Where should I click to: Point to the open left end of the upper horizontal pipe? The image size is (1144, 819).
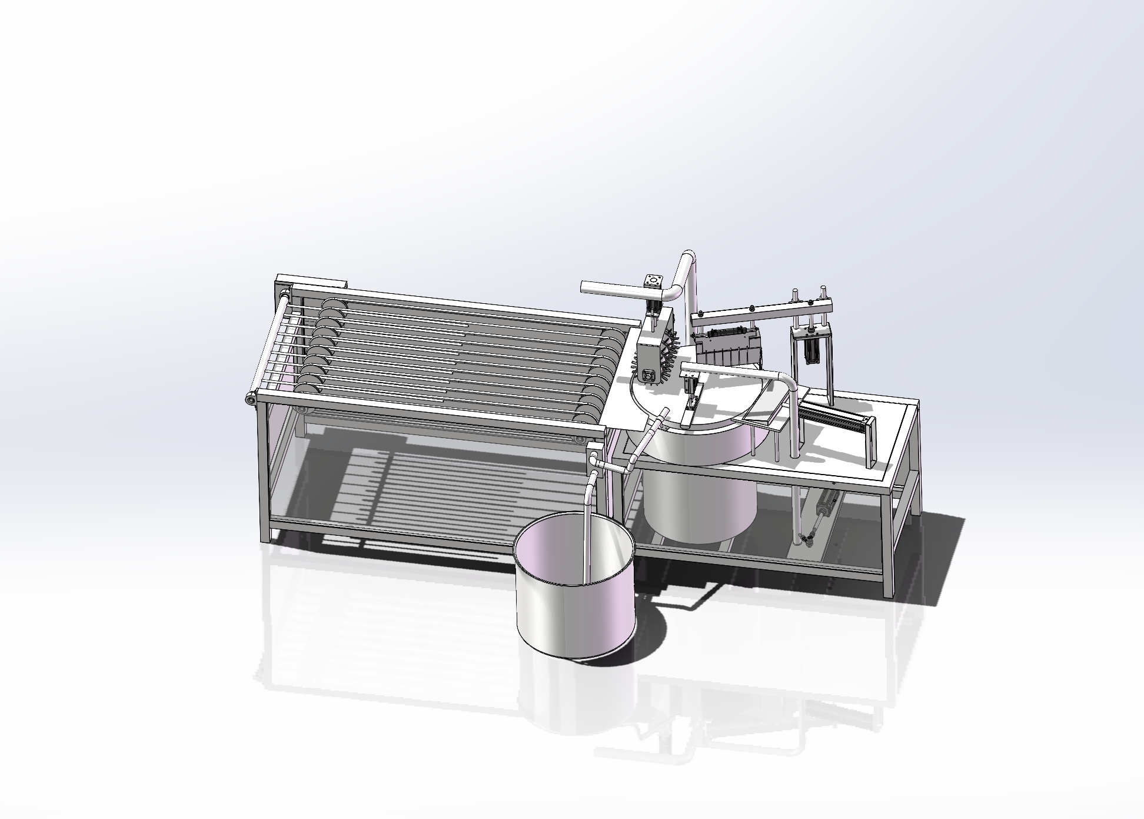tap(585, 287)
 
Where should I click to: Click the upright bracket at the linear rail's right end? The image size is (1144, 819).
tap(870, 442)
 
